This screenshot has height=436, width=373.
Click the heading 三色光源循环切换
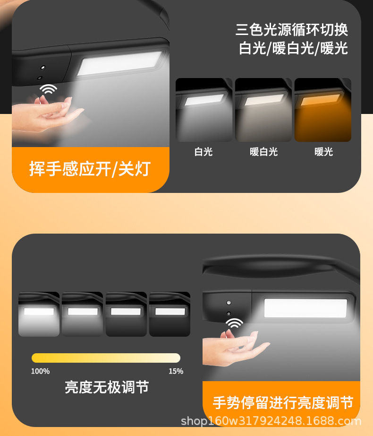(x=292, y=29)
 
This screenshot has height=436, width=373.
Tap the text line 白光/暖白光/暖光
(x=293, y=48)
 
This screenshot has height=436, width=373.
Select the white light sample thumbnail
(x=204, y=110)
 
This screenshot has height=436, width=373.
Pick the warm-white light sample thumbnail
(x=263, y=110)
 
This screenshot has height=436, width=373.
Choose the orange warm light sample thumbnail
(x=323, y=110)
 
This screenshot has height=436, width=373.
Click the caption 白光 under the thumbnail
(x=203, y=152)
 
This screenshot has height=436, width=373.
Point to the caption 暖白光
(x=263, y=152)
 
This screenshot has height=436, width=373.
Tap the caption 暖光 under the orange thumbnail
(x=323, y=152)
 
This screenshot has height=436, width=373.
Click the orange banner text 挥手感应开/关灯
(x=90, y=169)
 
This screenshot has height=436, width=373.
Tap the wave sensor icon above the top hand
(x=48, y=89)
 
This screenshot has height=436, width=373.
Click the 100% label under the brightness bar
(x=40, y=371)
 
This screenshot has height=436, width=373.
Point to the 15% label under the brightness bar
(x=176, y=371)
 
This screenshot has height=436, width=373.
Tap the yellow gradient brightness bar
(x=106, y=358)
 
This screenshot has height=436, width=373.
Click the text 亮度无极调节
(x=107, y=388)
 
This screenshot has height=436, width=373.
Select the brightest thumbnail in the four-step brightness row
(x=39, y=314)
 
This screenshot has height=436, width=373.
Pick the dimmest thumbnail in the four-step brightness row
(x=170, y=314)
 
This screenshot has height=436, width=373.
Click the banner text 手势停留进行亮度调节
(x=282, y=403)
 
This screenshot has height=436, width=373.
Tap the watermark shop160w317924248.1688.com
(x=271, y=421)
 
